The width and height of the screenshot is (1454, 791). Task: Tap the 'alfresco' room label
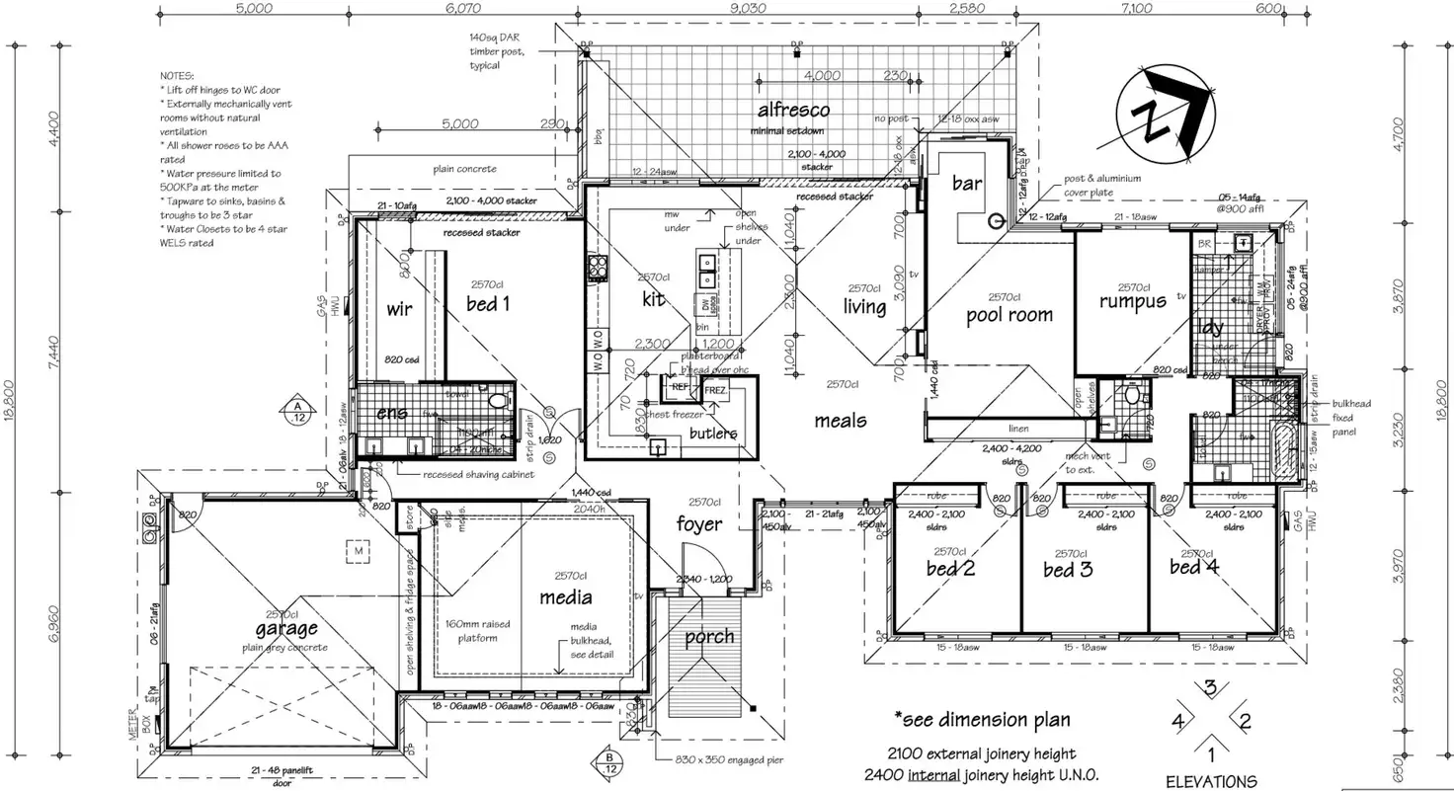(793, 110)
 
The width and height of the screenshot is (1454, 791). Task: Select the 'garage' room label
(286, 628)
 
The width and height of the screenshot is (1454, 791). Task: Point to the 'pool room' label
(1009, 315)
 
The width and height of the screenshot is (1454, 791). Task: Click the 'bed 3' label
(1067, 570)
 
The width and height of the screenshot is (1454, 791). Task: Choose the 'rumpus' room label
(1132, 302)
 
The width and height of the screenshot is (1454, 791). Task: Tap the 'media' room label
(565, 596)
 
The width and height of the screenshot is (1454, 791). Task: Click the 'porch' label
(709, 637)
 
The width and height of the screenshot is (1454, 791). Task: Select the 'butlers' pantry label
(712, 433)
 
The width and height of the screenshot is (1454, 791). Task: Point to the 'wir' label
(399, 309)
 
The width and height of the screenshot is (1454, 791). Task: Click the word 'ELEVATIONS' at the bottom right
(1211, 781)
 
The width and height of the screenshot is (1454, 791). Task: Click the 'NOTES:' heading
(178, 76)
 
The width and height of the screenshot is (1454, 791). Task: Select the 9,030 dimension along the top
(748, 8)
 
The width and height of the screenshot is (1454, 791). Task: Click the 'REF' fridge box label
(681, 388)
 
